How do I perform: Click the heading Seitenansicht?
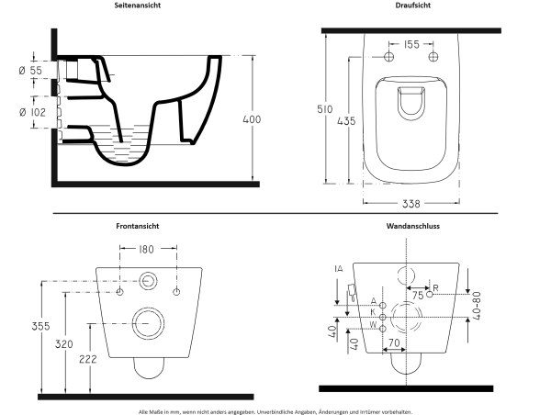pyautogui.click(x=139, y=6)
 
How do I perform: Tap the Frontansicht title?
pyautogui.click(x=139, y=224)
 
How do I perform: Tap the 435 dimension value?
pyautogui.click(x=359, y=120)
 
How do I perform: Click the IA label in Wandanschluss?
pyautogui.click(x=339, y=268)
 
